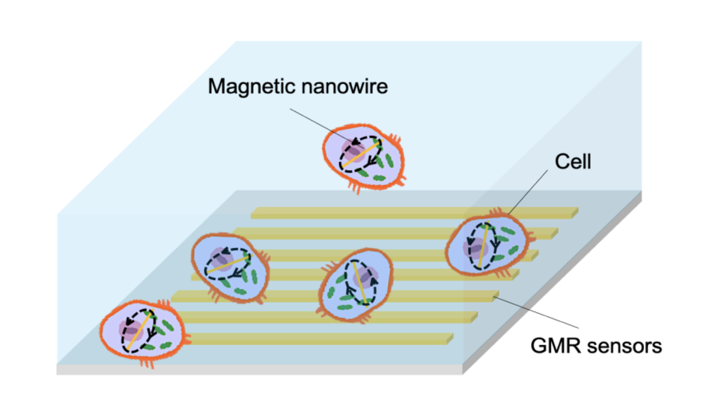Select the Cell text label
click(573, 161)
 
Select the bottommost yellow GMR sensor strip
click(318, 339)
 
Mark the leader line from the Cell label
click(528, 192)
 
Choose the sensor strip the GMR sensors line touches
click(418, 296)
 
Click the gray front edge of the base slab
click(259, 370)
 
